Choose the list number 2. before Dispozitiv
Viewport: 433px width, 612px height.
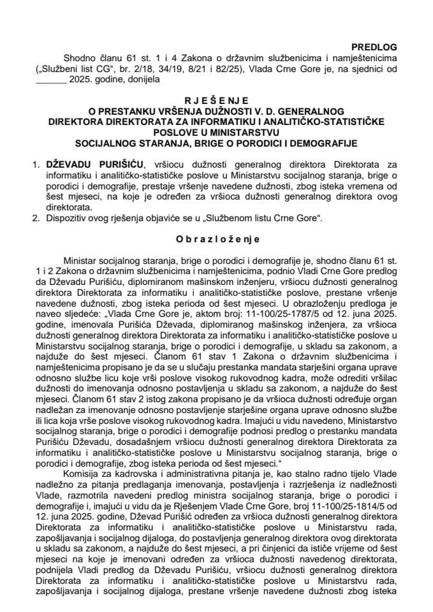pos(40,219)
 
